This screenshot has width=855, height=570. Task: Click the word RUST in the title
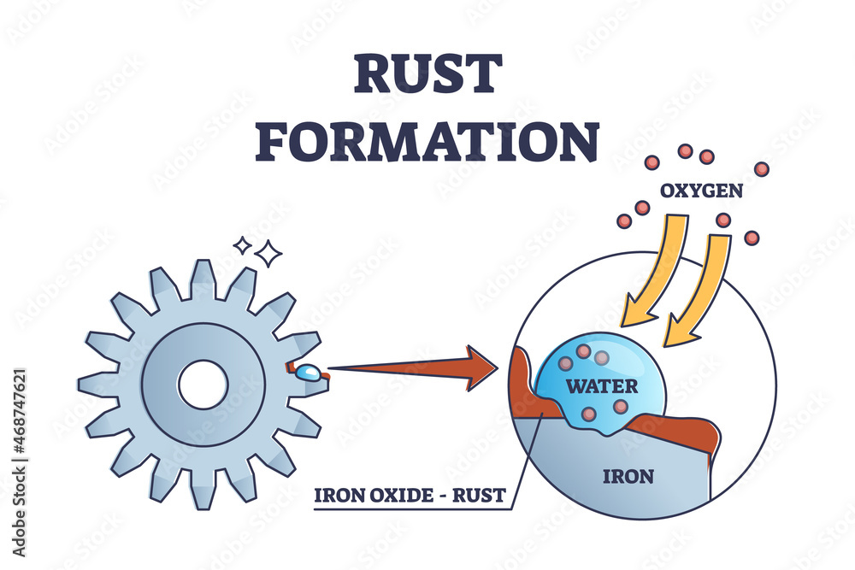point(427,75)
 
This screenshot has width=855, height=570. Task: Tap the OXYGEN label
point(701,191)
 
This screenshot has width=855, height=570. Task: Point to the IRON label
point(629,477)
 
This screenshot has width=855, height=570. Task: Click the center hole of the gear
point(203,385)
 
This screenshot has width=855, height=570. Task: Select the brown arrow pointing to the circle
point(410,368)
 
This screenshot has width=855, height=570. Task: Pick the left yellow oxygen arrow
point(654,273)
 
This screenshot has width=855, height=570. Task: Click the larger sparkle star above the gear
point(269,253)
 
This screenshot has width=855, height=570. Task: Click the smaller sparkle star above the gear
point(243,245)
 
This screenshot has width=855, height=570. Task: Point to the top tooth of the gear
point(203,278)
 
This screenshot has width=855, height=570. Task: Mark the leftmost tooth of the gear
point(96,385)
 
